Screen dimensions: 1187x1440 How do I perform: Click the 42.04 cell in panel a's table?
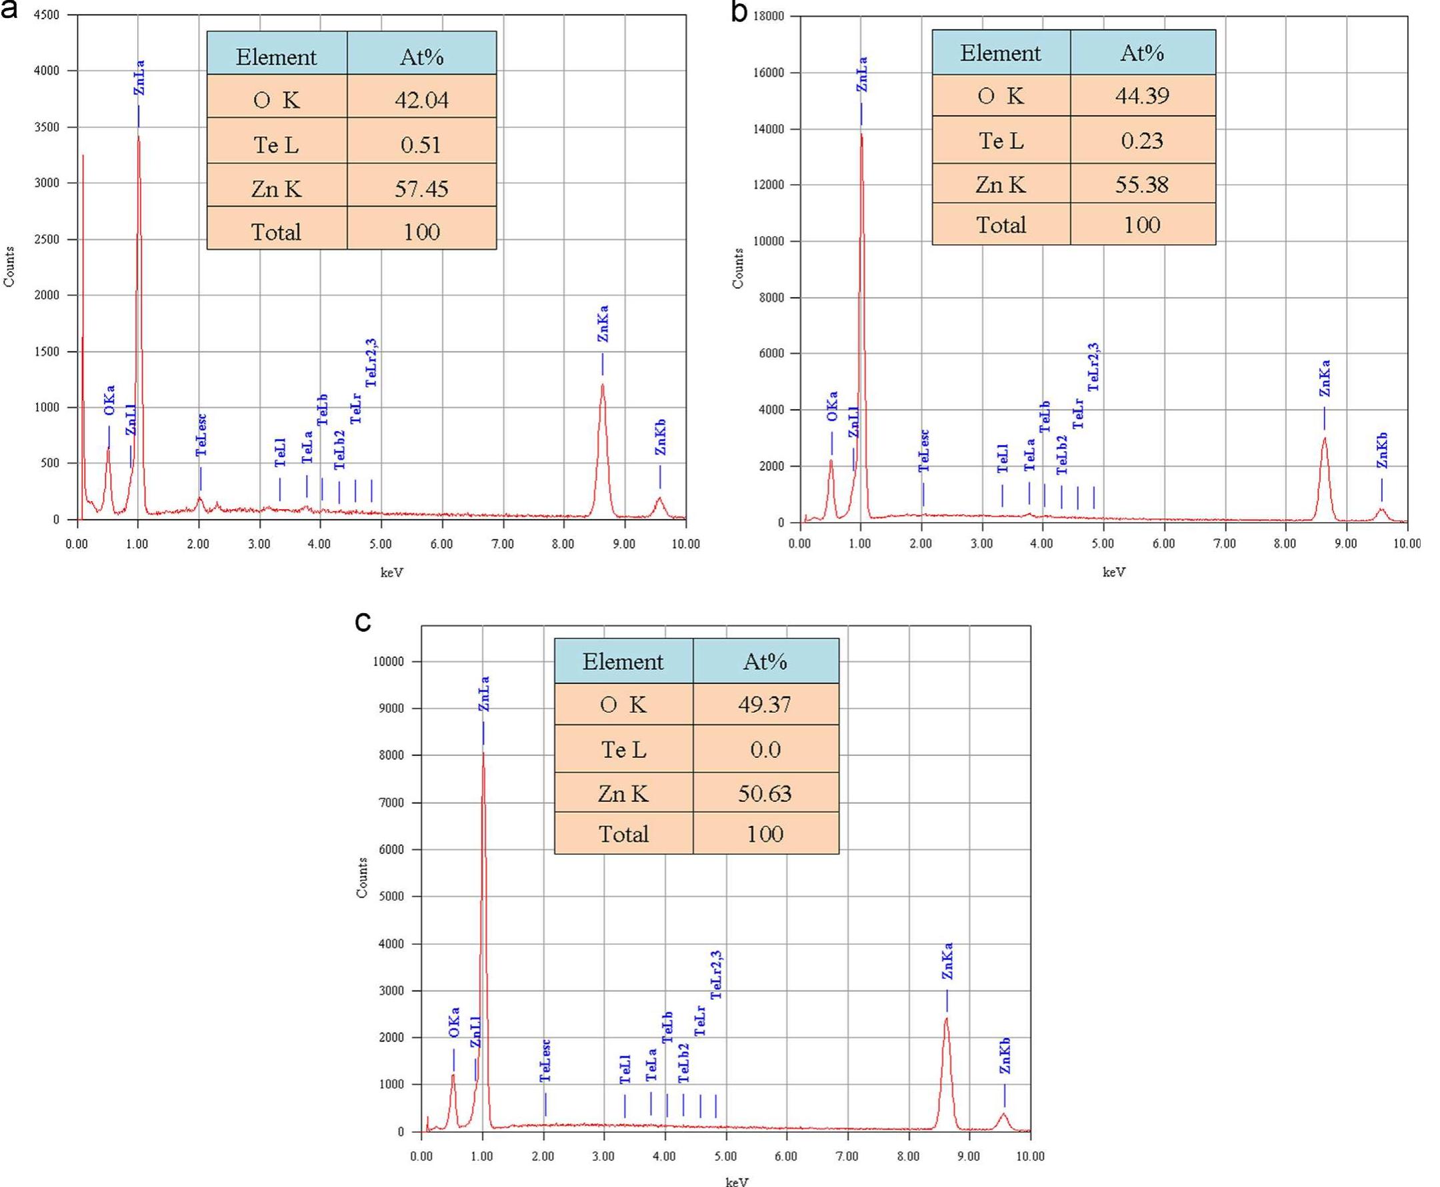(x=421, y=101)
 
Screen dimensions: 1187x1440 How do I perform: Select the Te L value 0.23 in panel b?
(x=1142, y=140)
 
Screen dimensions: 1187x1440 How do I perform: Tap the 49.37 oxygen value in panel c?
(x=765, y=704)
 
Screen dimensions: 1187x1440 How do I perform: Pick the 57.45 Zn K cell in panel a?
(x=421, y=189)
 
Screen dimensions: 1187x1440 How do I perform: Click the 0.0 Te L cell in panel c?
(x=765, y=749)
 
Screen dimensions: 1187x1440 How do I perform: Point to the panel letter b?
(x=740, y=11)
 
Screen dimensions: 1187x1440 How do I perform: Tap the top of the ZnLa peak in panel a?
(x=139, y=136)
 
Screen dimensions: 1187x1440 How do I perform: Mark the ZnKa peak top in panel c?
(x=946, y=1019)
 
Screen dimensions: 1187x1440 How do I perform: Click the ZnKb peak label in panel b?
(x=1382, y=450)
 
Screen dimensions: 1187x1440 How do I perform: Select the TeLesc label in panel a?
(x=201, y=435)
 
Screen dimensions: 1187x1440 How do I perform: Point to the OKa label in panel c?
(x=454, y=1022)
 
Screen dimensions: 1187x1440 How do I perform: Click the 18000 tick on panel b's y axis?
(x=769, y=16)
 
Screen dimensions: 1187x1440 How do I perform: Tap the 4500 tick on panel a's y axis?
(x=46, y=15)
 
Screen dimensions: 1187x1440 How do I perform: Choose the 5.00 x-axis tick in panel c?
(x=725, y=1156)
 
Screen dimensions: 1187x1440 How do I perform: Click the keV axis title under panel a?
(x=392, y=572)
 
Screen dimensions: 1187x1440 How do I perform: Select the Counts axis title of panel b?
(x=738, y=268)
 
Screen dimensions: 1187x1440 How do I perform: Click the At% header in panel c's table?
(x=765, y=661)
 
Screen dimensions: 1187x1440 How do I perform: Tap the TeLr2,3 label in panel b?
(x=1093, y=367)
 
